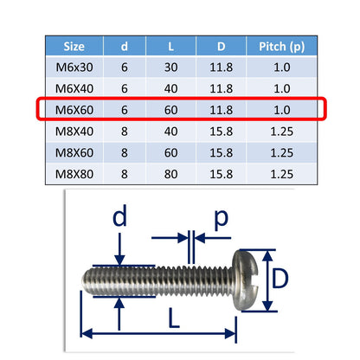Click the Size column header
pos(74,47)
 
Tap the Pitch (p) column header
pos(281,47)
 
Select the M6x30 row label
pos(74,67)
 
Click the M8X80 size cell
pos(74,174)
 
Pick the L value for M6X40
pos(170,88)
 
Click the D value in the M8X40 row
pos(221,132)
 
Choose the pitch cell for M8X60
pos(281,153)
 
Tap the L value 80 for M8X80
pos(170,174)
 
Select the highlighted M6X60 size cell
pos(74,110)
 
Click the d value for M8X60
pos(125,153)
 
